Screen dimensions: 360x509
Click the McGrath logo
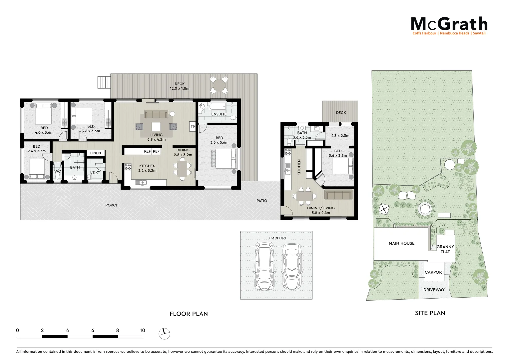[x=449, y=25]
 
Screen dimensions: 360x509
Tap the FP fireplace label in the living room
[x=193, y=127]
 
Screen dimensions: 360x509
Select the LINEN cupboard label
[x=96, y=153]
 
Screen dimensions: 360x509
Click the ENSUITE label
[x=219, y=114]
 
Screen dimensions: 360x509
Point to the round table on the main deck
[x=219, y=85]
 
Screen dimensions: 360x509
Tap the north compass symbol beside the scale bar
[x=164, y=333]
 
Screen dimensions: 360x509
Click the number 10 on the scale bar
[x=143, y=330]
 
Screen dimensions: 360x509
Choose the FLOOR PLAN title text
[x=189, y=314]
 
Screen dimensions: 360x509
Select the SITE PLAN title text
[x=430, y=313]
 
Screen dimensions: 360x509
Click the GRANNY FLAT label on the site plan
[x=445, y=249]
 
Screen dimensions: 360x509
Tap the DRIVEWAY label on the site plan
[x=434, y=290]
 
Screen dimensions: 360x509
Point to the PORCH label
[x=112, y=205]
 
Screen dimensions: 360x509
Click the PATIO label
[x=262, y=201]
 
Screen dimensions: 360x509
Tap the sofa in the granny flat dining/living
[x=338, y=195]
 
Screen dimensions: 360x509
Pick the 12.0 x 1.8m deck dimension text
[x=180, y=89]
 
